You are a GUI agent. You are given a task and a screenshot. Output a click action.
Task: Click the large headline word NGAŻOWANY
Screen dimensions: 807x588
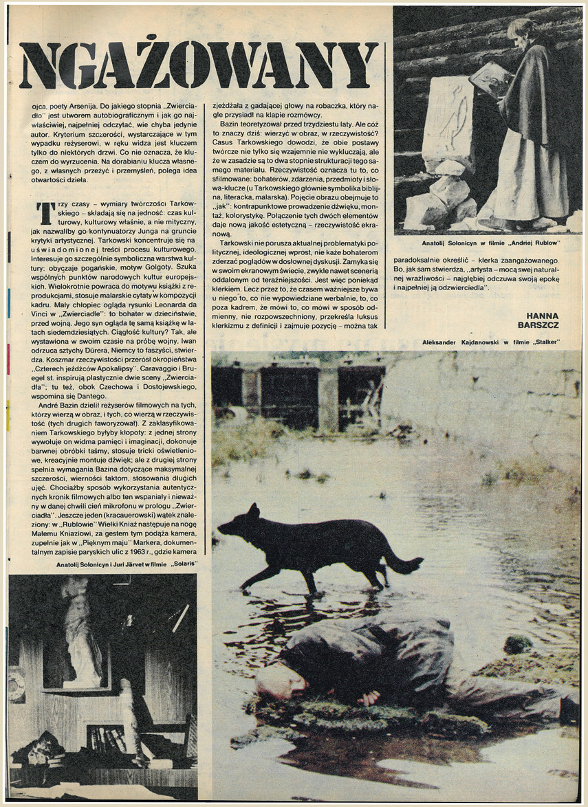click(199, 65)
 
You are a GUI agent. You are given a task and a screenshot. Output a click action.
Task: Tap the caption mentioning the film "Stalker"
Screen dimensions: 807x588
click(492, 342)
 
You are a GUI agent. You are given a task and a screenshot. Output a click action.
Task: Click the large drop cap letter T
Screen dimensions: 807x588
click(45, 213)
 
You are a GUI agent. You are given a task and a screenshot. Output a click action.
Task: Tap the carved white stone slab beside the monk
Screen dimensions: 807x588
click(448, 124)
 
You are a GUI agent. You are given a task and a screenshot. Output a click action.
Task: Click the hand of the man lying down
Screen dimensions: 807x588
click(370, 697)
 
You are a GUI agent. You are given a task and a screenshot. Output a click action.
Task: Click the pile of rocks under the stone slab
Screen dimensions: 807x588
click(441, 199)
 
